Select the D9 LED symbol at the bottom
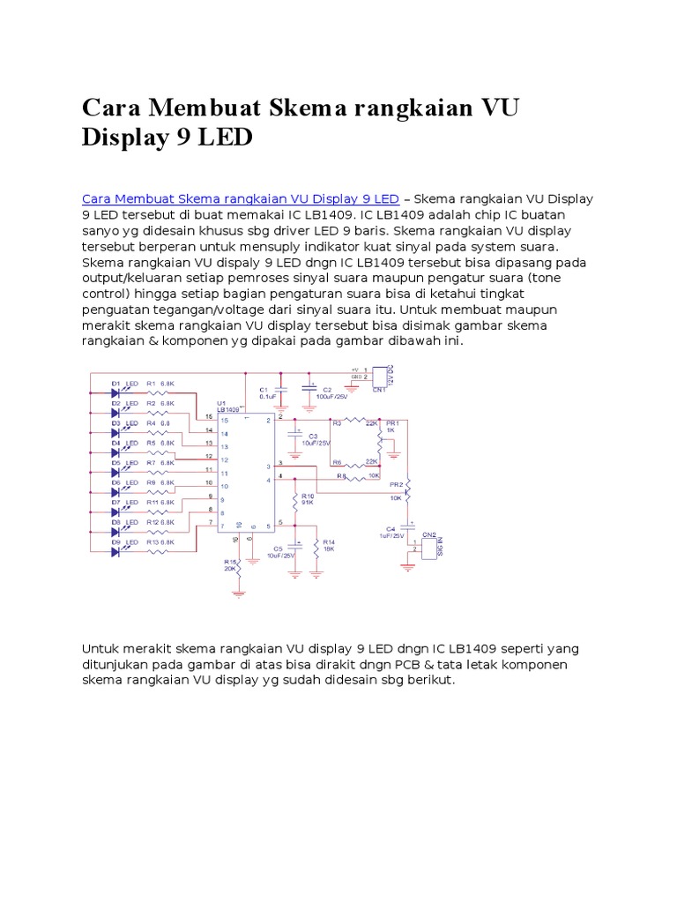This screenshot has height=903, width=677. coord(116,552)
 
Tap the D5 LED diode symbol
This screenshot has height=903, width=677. coord(116,473)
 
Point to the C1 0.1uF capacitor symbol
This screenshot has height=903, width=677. coord(281,389)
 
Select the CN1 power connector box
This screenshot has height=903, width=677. coord(379,375)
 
